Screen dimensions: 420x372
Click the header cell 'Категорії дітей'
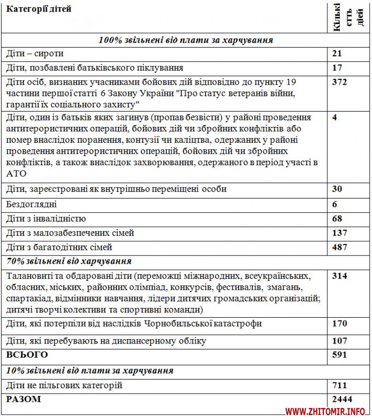tap(38, 9)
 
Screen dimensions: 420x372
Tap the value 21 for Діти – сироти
tap(336, 54)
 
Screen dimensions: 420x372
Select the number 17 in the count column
tap(336, 68)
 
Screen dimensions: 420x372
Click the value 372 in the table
tap(339, 82)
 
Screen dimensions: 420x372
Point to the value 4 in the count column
tap(334, 117)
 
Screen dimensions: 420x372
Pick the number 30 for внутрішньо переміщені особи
tap(336, 189)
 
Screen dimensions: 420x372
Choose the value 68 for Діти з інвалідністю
tap(336, 219)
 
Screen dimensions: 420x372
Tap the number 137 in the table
tap(339, 233)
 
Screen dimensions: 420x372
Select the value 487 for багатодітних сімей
tap(339, 247)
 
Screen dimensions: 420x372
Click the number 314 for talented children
tap(339, 276)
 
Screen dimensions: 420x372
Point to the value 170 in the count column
tap(339, 323)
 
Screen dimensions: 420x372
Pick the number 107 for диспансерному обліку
tap(339, 341)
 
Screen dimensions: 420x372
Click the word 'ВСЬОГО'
tap(27, 355)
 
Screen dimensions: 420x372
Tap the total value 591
tap(339, 355)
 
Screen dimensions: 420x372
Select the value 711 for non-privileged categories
tap(339, 386)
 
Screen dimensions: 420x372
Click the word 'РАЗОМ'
tap(23, 399)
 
